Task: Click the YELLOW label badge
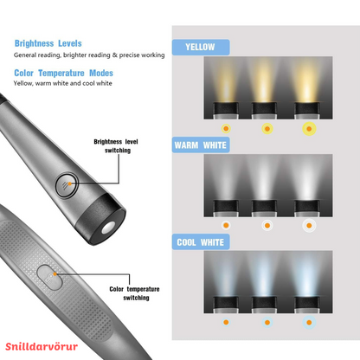click(201, 47)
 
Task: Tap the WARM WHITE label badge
click(201, 145)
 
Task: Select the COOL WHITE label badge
click(201, 242)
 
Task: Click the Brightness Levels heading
click(48, 43)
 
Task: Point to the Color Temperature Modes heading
click(63, 73)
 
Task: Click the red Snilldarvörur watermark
click(42, 346)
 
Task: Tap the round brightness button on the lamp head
click(67, 185)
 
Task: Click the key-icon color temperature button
click(49, 278)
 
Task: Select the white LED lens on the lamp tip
click(108, 228)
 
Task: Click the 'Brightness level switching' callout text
click(116, 146)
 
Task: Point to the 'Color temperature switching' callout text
click(134, 293)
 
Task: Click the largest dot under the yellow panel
click(309, 129)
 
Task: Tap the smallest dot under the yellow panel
click(226, 129)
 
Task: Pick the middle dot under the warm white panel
click(267, 226)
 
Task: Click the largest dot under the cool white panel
click(309, 323)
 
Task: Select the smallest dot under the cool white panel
click(226, 322)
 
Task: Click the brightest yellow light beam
click(306, 80)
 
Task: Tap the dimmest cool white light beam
click(225, 275)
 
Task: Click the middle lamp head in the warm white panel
click(264, 209)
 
